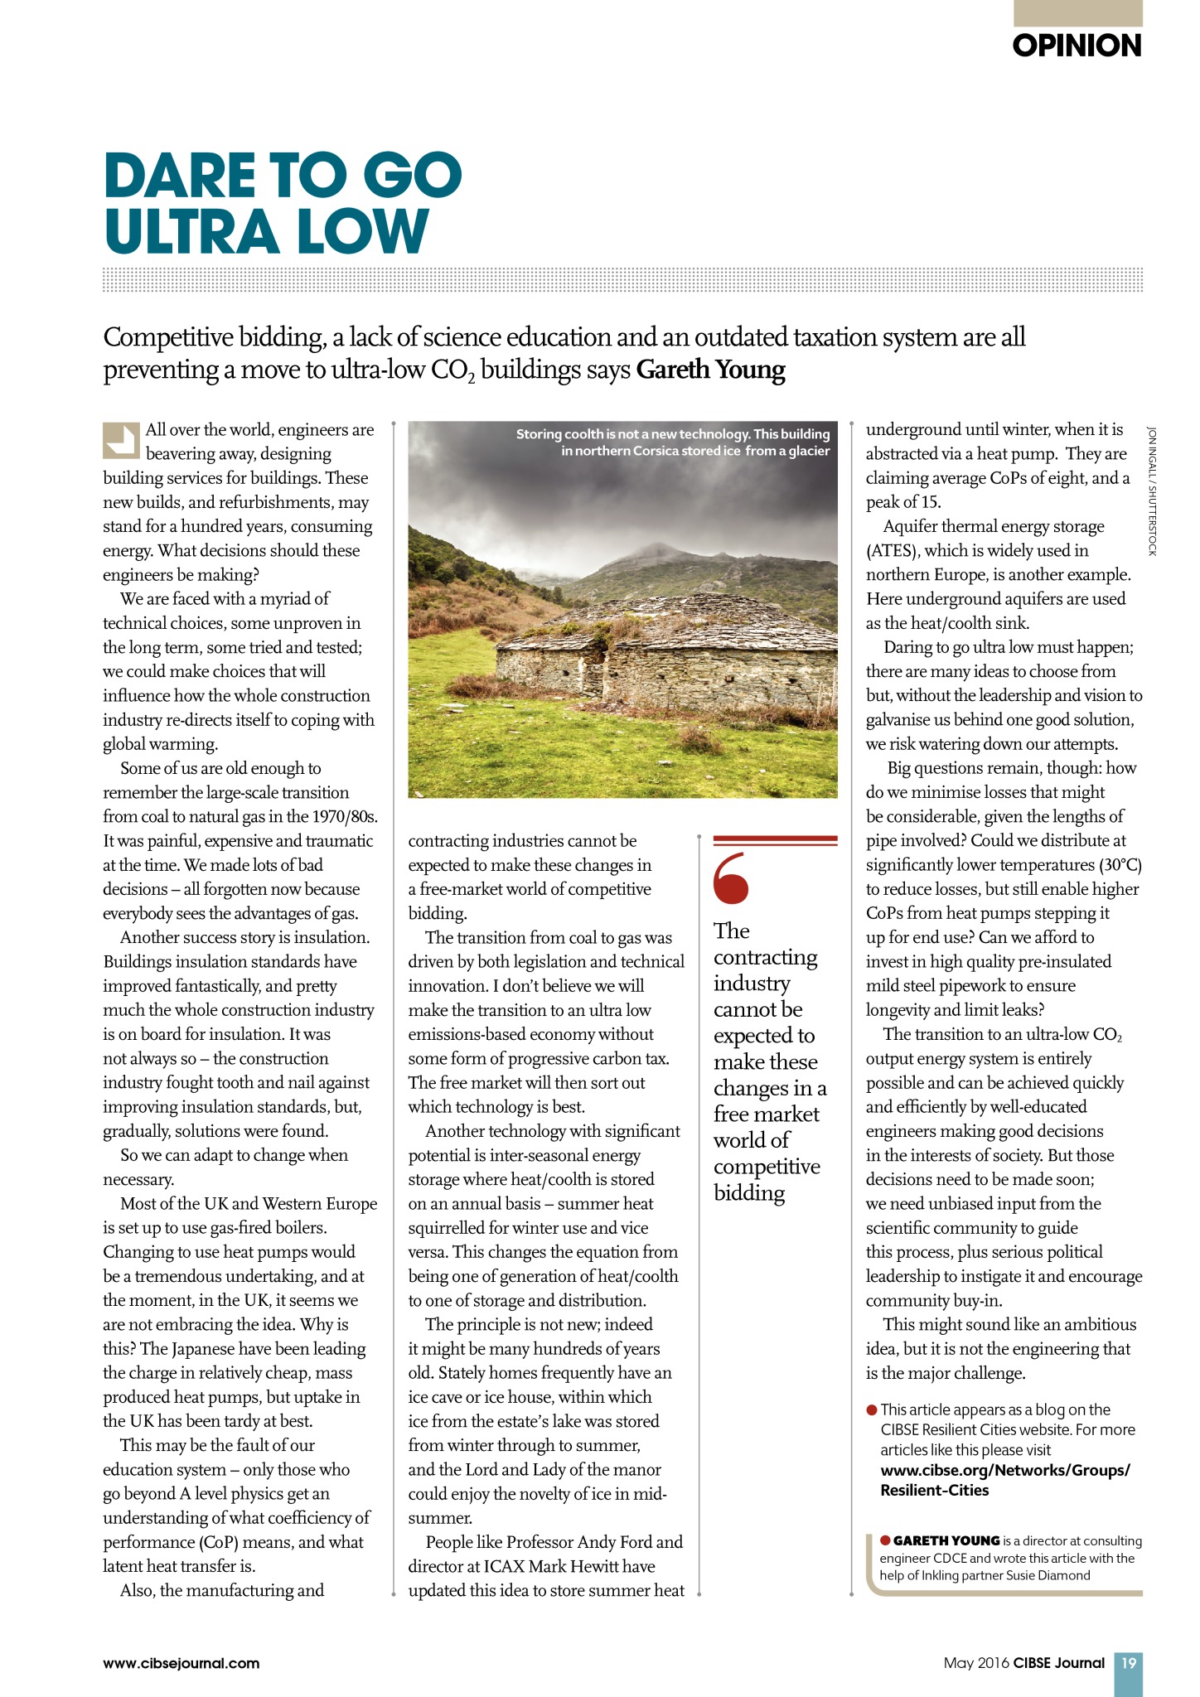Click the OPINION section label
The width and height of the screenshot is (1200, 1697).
[x=1077, y=46]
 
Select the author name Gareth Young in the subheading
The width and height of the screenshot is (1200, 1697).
[x=710, y=370]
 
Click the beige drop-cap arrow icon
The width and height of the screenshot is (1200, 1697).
[x=120, y=440]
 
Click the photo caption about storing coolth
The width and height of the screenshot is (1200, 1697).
[x=672, y=442]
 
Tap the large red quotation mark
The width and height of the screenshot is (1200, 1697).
[x=731, y=878]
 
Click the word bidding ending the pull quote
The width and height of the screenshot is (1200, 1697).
[x=749, y=1192]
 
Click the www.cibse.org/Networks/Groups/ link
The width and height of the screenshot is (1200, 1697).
[x=1004, y=1470]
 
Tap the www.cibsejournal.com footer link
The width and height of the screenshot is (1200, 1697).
[x=181, y=1663]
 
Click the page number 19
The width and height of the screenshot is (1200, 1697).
[x=1128, y=1662]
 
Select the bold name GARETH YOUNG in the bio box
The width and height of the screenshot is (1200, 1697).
[x=946, y=1540]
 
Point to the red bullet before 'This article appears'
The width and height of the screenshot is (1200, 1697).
[x=872, y=1409]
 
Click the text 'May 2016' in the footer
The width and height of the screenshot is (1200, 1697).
[x=975, y=1663]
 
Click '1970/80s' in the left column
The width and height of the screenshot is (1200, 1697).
[x=345, y=817]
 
